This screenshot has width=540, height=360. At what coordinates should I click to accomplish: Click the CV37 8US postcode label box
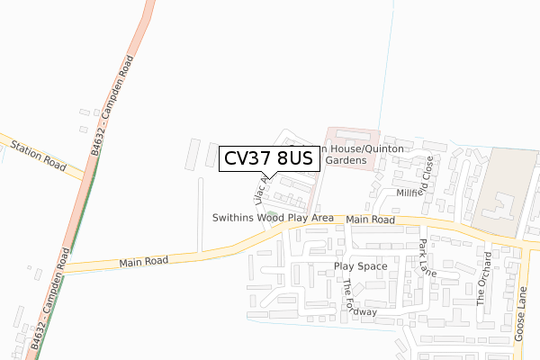268,158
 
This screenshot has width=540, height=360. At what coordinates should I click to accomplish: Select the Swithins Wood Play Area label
273,218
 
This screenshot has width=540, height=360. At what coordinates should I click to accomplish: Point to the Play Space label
360,266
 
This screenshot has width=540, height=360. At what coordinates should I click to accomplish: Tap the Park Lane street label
427,257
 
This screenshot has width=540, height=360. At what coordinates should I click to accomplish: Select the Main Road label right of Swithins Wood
370,220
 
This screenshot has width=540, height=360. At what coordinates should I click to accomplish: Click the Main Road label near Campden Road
143,262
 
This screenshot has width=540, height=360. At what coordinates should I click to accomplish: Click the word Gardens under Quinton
346,159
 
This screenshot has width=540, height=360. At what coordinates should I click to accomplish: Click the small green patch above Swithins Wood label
271,213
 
